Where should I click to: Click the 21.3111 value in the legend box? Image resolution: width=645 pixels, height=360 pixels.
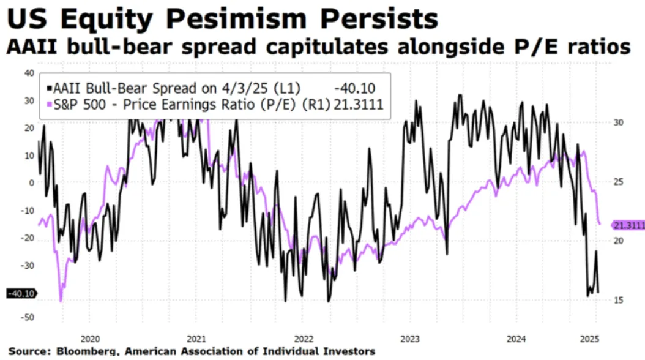(357, 105)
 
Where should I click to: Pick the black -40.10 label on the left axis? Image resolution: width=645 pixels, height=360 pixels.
(21, 294)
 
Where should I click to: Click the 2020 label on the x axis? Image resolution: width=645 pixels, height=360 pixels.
(90, 339)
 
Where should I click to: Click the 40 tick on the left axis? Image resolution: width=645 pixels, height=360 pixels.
(29, 73)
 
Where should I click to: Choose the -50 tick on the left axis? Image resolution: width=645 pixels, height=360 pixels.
(27, 317)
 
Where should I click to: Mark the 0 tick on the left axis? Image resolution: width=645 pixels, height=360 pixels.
(32, 182)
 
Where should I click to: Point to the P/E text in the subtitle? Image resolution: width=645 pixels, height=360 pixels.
(540, 48)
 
